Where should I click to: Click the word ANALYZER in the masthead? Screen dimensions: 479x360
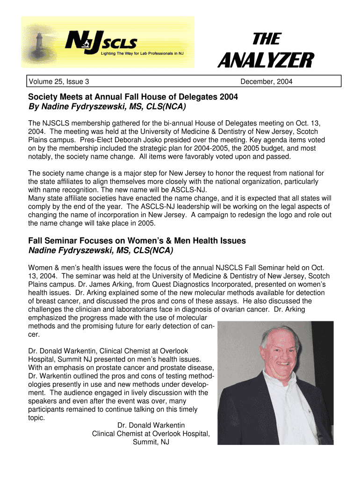coord(265,61)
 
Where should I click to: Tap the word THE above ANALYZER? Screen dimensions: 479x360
coord(267,39)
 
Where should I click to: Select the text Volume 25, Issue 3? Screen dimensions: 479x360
coord(59,82)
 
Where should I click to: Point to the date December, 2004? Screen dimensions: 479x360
coord(266,82)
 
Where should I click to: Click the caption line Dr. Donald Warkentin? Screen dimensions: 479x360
coord(151,425)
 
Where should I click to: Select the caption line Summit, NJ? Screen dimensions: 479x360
coord(151,442)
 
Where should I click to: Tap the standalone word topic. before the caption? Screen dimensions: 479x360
coord(37,418)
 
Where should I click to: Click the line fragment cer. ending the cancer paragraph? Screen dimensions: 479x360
coord(34,334)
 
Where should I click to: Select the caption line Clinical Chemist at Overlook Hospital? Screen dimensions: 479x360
coord(151,434)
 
